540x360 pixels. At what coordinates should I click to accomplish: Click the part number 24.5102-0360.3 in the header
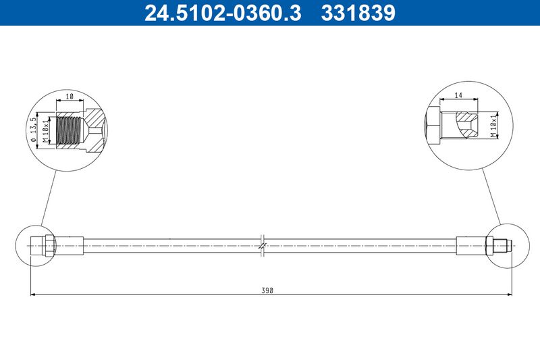click(223, 13)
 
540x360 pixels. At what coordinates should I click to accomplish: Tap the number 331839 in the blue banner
click(358, 13)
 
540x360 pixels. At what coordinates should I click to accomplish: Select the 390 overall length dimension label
click(267, 290)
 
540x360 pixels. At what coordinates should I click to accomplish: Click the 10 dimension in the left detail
click(70, 97)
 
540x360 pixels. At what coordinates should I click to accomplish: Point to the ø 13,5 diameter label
click(33, 130)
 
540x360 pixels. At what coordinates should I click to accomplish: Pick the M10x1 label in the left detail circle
click(45, 130)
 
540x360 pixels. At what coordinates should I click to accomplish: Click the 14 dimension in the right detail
click(458, 95)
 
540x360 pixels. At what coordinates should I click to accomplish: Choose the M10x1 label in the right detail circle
click(494, 126)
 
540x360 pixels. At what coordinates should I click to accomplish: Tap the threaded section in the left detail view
click(70, 130)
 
